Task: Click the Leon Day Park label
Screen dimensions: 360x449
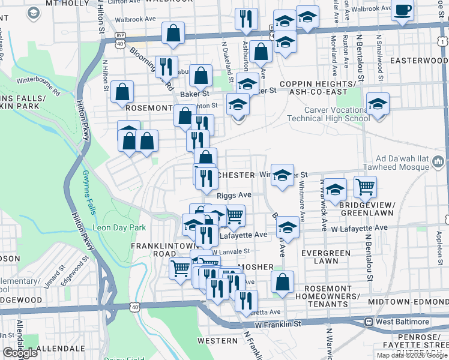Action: [x=119, y=228]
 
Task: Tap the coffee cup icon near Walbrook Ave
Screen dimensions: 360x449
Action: [x=403, y=10]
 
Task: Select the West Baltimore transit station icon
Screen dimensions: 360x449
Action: [x=369, y=322]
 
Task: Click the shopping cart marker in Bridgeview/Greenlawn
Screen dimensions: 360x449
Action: [x=365, y=187]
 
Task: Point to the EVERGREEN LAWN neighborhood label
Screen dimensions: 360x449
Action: [x=327, y=257]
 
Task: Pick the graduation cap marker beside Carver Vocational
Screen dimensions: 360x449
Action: [x=378, y=103]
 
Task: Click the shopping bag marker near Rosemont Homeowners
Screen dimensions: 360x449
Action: [x=282, y=281]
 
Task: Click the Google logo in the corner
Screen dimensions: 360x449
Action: [x=20, y=353]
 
